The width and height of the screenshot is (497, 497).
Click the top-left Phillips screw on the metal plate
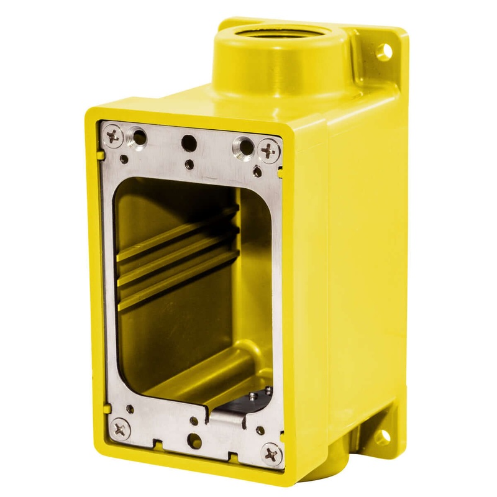tap(112, 135)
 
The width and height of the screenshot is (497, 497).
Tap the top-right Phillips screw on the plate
tap(268, 150)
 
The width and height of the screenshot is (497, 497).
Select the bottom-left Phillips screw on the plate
tap(119, 427)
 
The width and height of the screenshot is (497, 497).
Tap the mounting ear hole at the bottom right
tap(383, 435)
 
